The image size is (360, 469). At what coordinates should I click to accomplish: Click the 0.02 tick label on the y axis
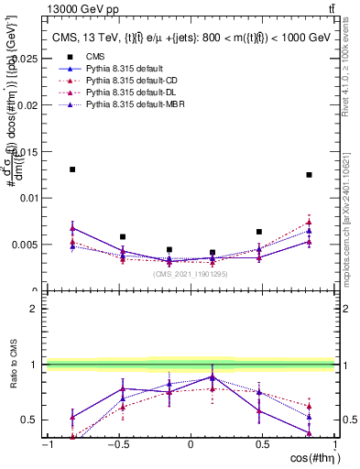click(28, 104)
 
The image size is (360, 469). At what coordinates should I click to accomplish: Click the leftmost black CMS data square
click(72, 169)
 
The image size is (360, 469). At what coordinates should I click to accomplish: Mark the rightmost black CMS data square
click(310, 175)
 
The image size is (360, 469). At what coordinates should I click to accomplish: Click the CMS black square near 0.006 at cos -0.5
click(123, 236)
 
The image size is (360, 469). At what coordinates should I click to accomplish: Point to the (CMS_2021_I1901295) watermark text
click(190, 273)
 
